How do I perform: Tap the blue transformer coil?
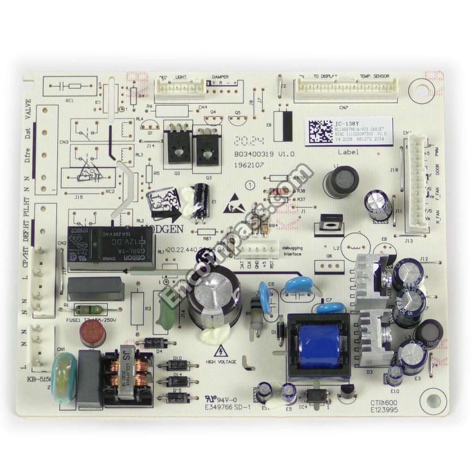click(319, 346)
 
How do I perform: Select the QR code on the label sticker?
click(319, 131)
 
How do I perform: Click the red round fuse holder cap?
click(93, 332)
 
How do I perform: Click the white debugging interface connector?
click(261, 249)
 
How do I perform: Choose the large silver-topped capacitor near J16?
click(214, 296)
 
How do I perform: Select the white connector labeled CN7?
click(346, 89)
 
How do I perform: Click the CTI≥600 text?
click(383, 402)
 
